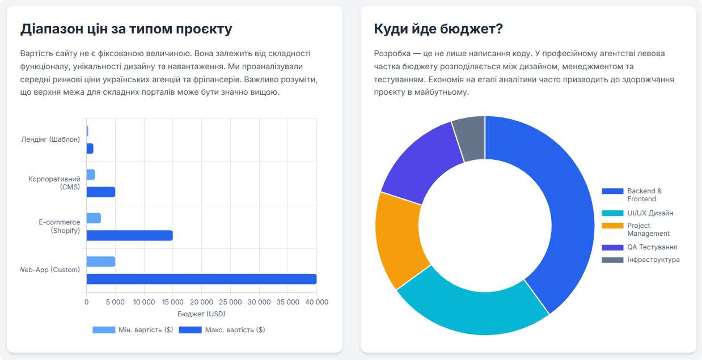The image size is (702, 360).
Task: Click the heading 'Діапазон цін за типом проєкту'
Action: click(x=126, y=29)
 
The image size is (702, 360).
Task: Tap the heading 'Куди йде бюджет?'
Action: click(x=438, y=29)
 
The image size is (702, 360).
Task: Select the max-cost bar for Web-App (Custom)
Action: click(x=201, y=279)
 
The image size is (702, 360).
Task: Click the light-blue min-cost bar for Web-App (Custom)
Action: click(x=101, y=261)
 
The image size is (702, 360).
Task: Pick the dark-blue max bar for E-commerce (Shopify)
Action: click(x=129, y=235)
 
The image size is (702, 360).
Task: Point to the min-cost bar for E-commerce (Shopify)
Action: click(x=94, y=218)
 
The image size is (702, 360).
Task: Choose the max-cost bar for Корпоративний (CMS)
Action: click(x=101, y=192)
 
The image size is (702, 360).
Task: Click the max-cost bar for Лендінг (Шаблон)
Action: click(x=90, y=149)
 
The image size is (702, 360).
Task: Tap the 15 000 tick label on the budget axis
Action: click(x=172, y=302)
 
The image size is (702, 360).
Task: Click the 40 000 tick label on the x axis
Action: click(x=316, y=302)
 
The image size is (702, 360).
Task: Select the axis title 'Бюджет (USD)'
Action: click(x=201, y=314)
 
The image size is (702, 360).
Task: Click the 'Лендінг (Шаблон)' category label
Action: click(x=50, y=139)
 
